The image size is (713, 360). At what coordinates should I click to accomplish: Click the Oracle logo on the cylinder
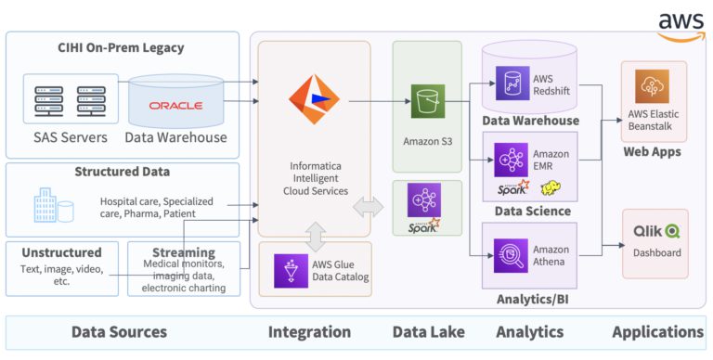click(175, 106)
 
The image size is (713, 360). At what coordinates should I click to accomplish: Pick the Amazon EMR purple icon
click(511, 159)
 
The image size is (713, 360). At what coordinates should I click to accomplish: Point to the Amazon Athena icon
click(511, 255)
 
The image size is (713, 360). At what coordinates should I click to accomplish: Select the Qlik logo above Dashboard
click(655, 232)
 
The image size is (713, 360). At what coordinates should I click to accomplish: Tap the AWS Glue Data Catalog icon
click(291, 270)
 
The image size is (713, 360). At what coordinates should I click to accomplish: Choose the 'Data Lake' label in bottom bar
click(428, 331)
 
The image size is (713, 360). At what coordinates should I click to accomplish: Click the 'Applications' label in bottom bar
click(657, 331)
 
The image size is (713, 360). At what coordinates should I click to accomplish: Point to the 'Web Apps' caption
click(652, 151)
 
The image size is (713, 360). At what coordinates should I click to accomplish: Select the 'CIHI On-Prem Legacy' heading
click(121, 48)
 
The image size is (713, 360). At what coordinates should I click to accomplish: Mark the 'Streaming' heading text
click(183, 252)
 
